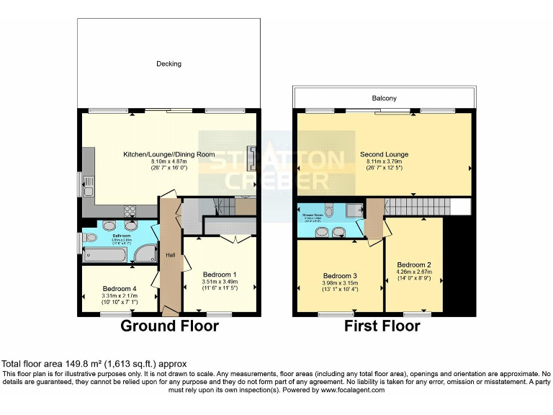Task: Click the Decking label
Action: (x=169, y=64)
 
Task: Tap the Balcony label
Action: (x=385, y=98)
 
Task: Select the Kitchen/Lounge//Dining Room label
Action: (x=169, y=154)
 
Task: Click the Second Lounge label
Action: (x=385, y=154)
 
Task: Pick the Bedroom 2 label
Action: (x=414, y=264)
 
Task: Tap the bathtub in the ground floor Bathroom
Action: (x=108, y=254)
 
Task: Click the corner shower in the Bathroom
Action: (x=146, y=252)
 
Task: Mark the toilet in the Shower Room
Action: (x=328, y=211)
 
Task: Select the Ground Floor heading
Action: (x=169, y=326)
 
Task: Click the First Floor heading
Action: (x=382, y=326)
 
